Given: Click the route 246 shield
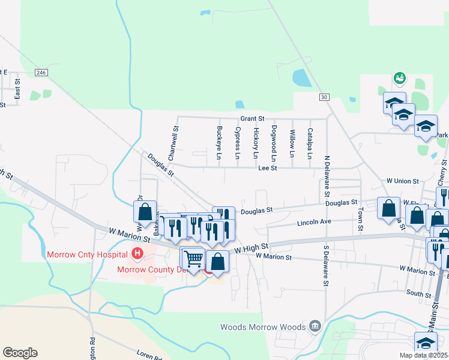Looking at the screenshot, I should [x=41, y=73].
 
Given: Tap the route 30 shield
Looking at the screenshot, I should [x=324, y=97].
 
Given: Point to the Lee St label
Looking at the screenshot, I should [x=267, y=169].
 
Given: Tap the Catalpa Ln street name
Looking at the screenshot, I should [x=310, y=143].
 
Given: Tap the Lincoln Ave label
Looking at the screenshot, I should [x=315, y=223].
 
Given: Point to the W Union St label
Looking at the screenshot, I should [x=402, y=180].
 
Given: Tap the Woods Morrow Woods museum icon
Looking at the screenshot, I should [x=315, y=327].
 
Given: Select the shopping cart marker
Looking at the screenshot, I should [x=193, y=259].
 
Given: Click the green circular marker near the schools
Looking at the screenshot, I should [x=399, y=78].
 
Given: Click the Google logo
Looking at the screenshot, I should [x=20, y=353].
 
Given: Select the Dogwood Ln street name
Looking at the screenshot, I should [x=273, y=143].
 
